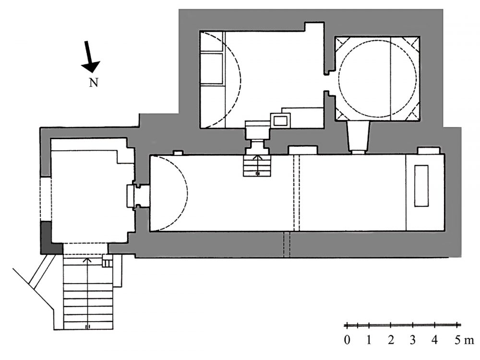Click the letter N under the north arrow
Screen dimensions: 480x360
point(94,83)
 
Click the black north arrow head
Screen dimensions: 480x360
point(91,66)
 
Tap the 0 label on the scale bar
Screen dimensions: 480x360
point(347,340)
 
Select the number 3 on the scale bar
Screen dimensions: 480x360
point(413,340)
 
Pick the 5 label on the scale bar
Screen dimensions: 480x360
point(457,340)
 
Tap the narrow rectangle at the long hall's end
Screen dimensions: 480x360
point(421,186)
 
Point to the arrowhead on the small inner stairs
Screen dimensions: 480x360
point(257,157)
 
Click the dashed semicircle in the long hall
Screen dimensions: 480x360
point(187,193)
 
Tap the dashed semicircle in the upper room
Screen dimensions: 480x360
point(240,79)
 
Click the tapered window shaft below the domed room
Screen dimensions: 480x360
point(358,136)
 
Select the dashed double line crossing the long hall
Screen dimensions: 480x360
point(296,193)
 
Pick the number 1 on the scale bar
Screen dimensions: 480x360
point(369,340)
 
